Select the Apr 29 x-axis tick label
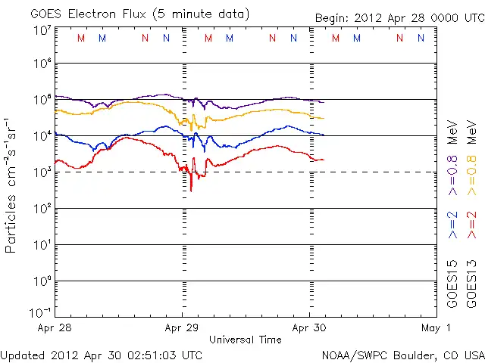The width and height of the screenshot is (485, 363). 181,327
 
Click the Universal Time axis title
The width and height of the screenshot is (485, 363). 245,340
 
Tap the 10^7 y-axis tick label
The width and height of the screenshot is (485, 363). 42,30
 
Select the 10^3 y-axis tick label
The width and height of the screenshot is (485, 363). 42,171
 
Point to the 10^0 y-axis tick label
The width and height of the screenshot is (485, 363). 42,281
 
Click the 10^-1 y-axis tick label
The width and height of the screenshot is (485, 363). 40,312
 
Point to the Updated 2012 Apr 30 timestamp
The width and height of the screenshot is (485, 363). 102,354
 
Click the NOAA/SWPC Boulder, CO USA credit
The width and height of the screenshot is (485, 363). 402,354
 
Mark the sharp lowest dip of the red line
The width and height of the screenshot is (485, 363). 191,190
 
